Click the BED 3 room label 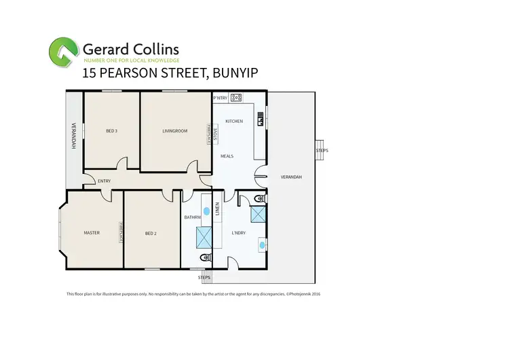click(x=112, y=130)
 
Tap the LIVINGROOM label click(x=174, y=130)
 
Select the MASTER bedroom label click(x=92, y=233)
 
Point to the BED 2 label click(x=151, y=234)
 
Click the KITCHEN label click(x=234, y=121)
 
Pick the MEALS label click(x=227, y=156)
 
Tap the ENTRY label click(x=104, y=181)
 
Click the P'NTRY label click(x=220, y=98)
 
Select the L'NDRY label click(x=238, y=233)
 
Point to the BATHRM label click(x=191, y=217)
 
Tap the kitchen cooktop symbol click(x=236, y=98)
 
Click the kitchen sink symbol click(x=260, y=121)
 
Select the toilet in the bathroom click(x=205, y=259)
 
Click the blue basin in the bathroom click(x=205, y=211)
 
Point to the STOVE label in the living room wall click(x=214, y=134)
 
